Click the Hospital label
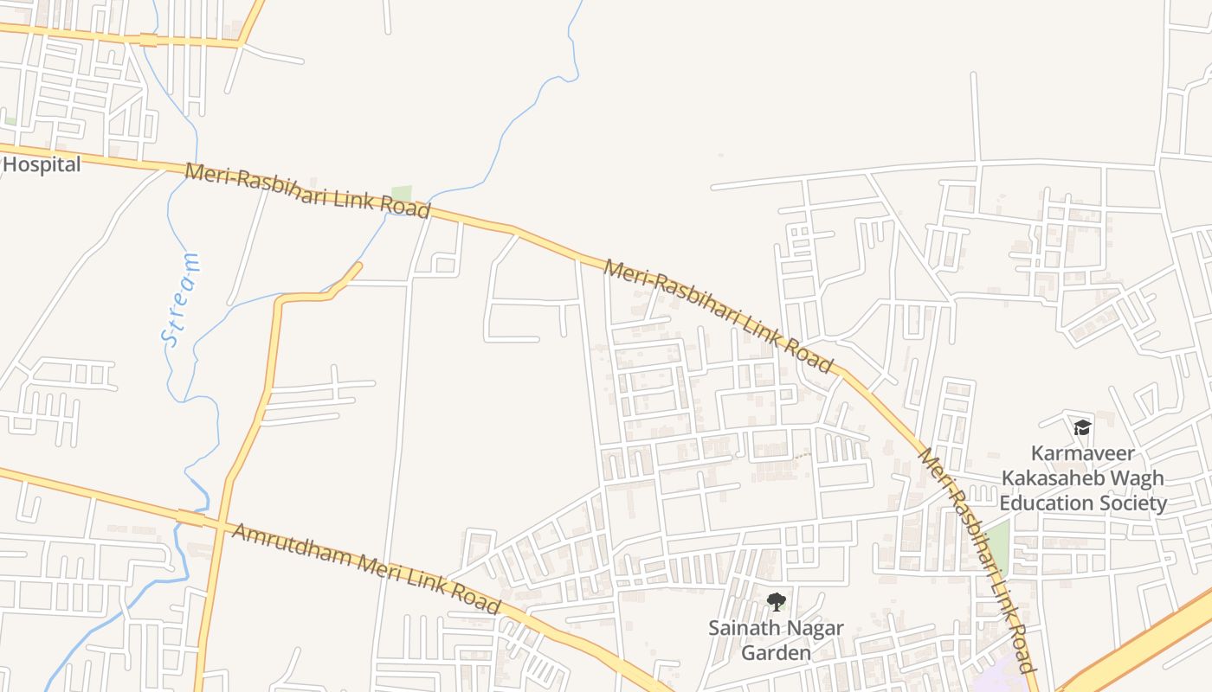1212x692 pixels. point(42,164)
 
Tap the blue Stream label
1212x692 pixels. point(181,299)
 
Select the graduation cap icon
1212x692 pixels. point(1082,427)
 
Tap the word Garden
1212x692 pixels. point(777,652)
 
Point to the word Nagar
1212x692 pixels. point(815,627)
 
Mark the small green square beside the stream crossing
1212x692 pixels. point(401,194)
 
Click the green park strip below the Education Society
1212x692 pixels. point(998,545)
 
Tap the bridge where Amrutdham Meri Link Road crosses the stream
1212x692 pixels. point(190,518)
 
